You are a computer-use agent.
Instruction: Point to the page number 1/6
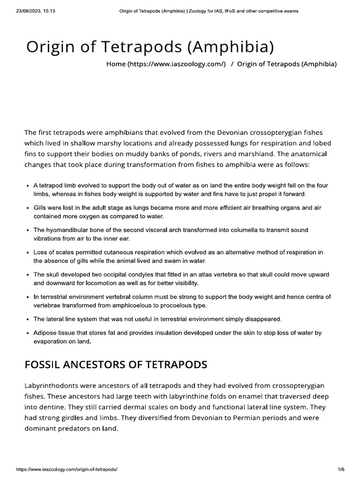click(341, 469)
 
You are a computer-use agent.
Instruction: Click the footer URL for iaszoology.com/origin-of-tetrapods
click(67, 469)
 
